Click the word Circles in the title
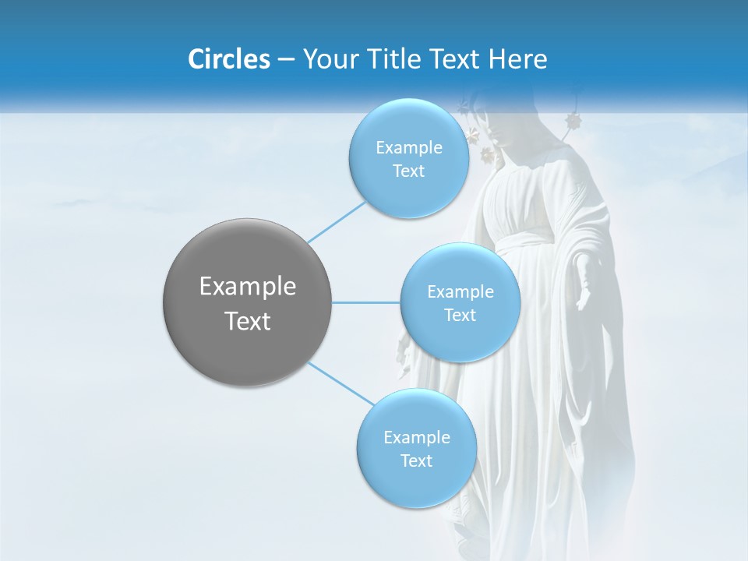pyautogui.click(x=229, y=59)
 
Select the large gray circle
pyautogui.click(x=248, y=302)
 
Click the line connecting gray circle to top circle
pyautogui.click(x=337, y=221)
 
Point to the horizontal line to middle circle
pyautogui.click(x=366, y=302)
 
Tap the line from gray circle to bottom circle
pyautogui.click(x=341, y=384)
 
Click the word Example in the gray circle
pyautogui.click(x=248, y=287)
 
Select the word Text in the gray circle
pyautogui.click(x=248, y=321)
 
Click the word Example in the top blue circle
pyautogui.click(x=409, y=148)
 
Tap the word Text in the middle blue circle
pyautogui.click(x=460, y=316)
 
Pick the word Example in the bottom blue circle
pyautogui.click(x=417, y=438)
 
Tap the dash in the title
pyautogui.click(x=286, y=59)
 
